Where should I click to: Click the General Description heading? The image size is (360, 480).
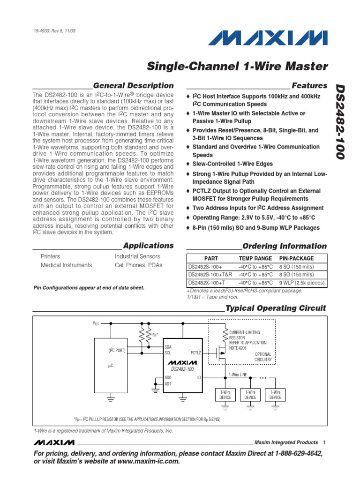[x=133, y=86]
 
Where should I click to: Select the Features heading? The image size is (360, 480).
[x=309, y=86]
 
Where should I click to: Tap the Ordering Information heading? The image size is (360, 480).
[x=285, y=246]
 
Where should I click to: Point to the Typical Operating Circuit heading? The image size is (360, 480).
[x=276, y=308]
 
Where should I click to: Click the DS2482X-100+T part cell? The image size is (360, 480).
[x=207, y=283]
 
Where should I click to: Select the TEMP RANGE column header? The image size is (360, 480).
[x=255, y=258]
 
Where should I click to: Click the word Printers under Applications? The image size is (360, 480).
[x=51, y=256]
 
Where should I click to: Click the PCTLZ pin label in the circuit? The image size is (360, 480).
[x=195, y=352]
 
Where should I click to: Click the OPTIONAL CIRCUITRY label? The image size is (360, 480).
[x=263, y=357]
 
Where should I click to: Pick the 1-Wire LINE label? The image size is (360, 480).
[x=238, y=375]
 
